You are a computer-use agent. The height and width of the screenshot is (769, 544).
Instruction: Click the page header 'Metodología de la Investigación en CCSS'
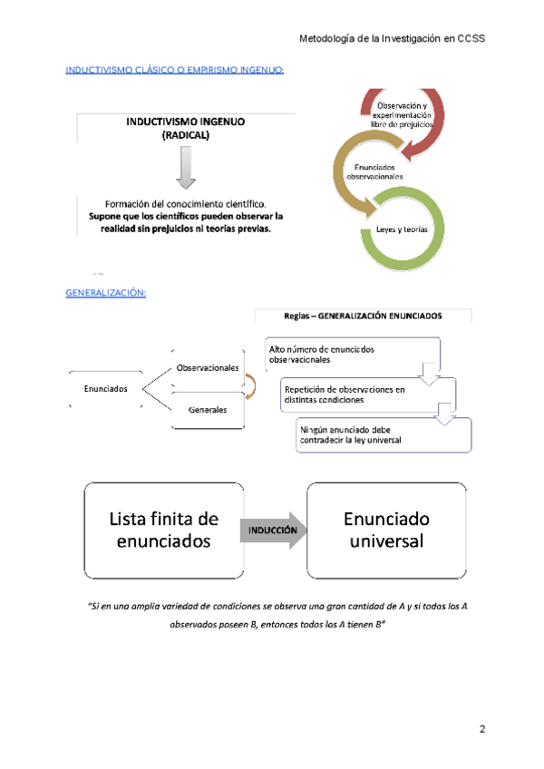tap(392, 38)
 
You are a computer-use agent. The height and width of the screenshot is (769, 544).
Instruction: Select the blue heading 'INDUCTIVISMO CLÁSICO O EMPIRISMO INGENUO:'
tap(175, 70)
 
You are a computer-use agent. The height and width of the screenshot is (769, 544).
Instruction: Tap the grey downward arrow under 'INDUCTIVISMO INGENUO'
tap(185, 169)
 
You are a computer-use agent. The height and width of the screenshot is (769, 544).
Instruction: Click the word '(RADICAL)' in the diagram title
tap(185, 135)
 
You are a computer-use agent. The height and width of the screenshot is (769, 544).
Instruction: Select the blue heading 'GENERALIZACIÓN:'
tap(105, 293)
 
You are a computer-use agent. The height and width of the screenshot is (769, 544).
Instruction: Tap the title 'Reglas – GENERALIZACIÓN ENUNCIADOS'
tap(363, 316)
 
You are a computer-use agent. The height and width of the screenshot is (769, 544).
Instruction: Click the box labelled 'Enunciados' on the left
tap(105, 389)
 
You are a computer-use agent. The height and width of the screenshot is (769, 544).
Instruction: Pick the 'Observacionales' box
tap(208, 367)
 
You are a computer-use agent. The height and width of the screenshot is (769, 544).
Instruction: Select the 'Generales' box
tap(208, 410)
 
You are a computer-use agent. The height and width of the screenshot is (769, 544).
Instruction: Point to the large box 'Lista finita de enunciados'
tap(164, 531)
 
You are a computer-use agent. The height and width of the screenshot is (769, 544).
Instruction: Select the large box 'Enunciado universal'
tap(386, 531)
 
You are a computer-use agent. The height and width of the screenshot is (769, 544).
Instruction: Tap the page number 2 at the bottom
tap(483, 729)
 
